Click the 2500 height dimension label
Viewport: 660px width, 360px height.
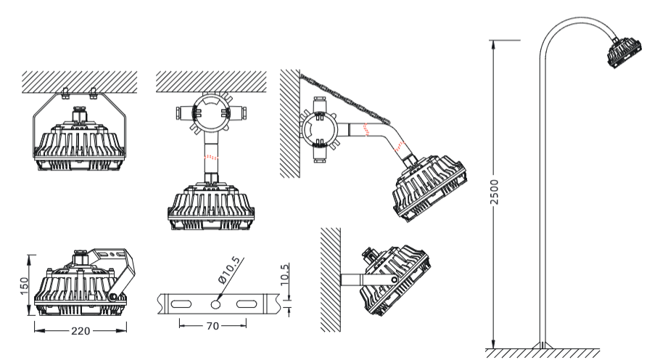[495, 192]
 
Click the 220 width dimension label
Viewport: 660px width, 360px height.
[81, 331]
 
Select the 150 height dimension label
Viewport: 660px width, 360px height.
[25, 286]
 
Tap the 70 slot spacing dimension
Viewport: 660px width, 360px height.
[213, 326]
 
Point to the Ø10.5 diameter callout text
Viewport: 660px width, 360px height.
[229, 270]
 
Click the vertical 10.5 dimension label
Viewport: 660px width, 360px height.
[284, 274]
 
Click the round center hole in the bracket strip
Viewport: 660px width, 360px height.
[216, 304]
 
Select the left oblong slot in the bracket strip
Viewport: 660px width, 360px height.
[181, 304]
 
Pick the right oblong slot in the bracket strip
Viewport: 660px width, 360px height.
[247, 304]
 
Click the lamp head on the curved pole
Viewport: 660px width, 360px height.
[624, 52]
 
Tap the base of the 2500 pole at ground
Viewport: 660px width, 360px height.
[543, 345]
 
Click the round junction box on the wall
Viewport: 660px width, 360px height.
[318, 130]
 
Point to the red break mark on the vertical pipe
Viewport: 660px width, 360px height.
[211, 157]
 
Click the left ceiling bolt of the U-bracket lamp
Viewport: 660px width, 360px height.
[65, 94]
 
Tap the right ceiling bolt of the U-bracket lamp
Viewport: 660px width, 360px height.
[94, 94]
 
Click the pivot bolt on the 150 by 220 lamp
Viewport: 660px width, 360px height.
[113, 297]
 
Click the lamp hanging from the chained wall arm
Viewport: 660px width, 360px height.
[429, 187]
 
